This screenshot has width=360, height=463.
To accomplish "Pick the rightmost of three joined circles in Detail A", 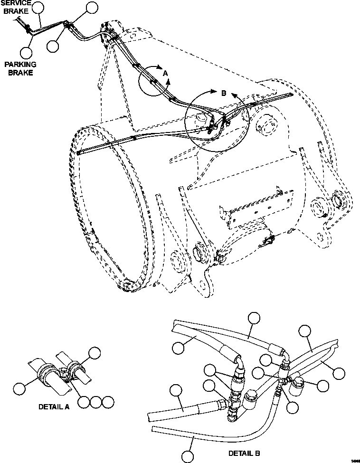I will pyautogui.click(x=108, y=402).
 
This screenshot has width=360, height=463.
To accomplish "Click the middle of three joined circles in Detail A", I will pyautogui.click(x=96, y=402).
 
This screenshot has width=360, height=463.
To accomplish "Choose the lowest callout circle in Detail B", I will pyautogui.click(x=188, y=457).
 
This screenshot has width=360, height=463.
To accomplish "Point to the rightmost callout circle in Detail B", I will pyautogui.click(x=338, y=373).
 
